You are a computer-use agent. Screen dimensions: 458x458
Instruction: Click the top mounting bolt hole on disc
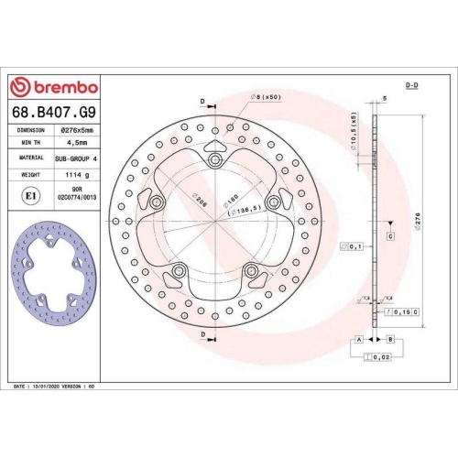pos(215,162)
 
